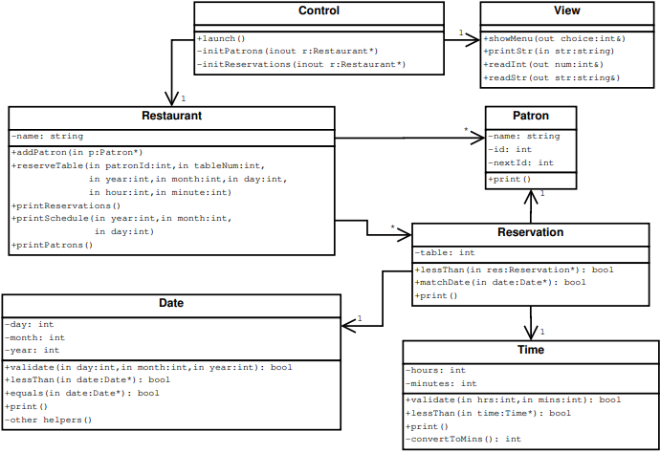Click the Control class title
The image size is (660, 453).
click(319, 11)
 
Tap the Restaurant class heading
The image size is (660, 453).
click(171, 116)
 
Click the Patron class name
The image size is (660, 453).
click(531, 116)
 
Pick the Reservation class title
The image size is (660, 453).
click(531, 232)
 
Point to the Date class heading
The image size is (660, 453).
click(171, 303)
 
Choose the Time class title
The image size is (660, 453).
click(531, 350)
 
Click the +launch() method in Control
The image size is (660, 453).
click(221, 37)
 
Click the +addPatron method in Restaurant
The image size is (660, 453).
click(77, 152)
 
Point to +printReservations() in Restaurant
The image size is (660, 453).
click(66, 205)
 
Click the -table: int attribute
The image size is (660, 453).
click(445, 253)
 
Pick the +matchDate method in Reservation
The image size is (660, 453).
click(500, 283)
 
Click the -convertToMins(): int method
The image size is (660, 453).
click(463, 439)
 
